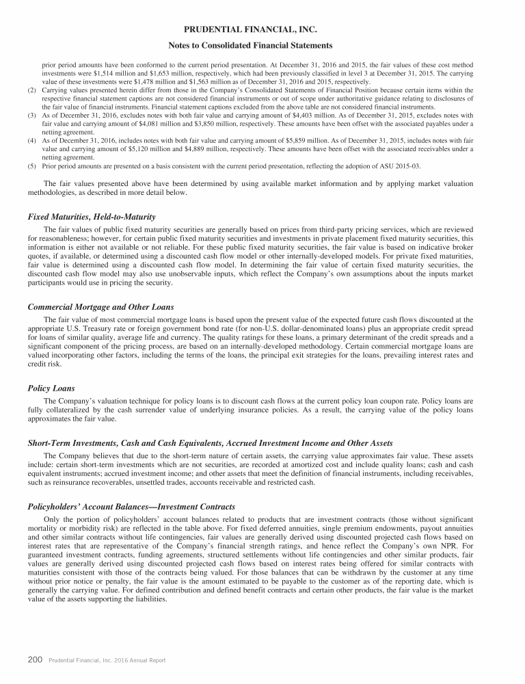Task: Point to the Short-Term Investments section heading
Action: pos(210,443)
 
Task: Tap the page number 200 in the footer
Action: pos(36,660)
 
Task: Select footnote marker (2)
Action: pos(31,90)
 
